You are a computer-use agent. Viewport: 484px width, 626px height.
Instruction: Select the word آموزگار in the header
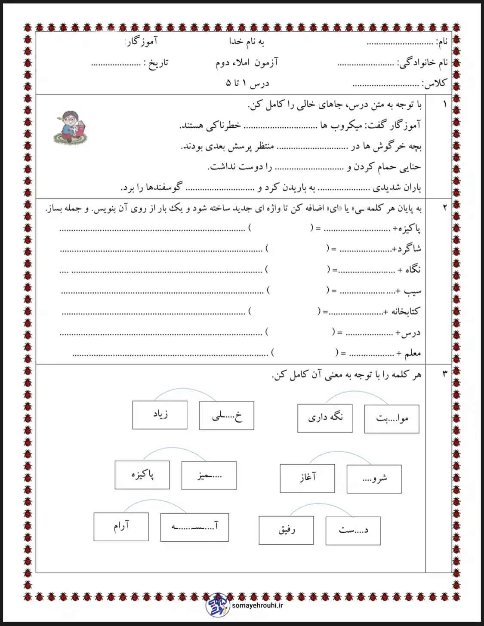point(142,42)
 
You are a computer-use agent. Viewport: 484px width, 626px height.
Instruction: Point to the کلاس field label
point(435,83)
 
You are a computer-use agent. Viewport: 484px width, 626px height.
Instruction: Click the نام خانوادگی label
point(422,63)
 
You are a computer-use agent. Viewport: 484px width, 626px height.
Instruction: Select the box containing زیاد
point(160,415)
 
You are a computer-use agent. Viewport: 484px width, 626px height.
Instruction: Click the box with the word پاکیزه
point(142,475)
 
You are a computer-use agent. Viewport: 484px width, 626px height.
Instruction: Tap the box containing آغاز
point(307,478)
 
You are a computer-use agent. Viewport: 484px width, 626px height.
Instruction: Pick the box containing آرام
point(121,526)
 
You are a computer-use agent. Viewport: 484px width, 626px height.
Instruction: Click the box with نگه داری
point(325,418)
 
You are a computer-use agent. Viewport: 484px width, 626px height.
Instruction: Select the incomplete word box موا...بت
point(392,418)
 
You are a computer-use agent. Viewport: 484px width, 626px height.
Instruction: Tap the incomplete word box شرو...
point(374,479)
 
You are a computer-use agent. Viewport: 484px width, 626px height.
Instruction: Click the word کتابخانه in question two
point(404,312)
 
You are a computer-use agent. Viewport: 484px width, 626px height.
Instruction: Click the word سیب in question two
point(413,291)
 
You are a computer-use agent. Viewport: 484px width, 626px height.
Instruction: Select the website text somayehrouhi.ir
point(257,605)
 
